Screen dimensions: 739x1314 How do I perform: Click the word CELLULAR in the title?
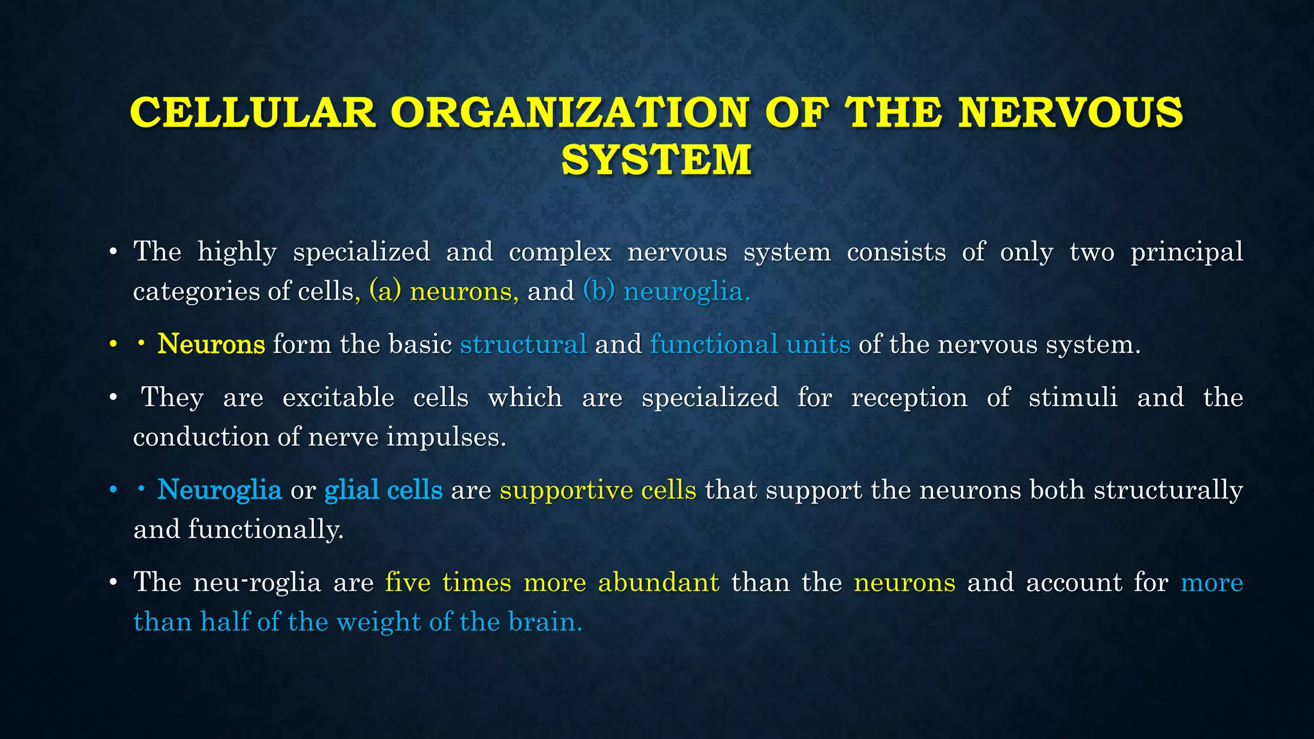pos(253,113)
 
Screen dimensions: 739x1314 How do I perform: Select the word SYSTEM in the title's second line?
pos(656,160)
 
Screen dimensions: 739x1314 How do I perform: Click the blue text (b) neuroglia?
pos(666,292)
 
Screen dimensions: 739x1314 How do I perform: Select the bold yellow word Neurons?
pos(211,344)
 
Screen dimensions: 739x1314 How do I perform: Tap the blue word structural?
pos(524,344)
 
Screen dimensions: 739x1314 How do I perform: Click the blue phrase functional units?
pos(750,344)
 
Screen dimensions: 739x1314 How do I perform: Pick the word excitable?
pos(338,398)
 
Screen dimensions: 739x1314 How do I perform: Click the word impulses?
pos(447,437)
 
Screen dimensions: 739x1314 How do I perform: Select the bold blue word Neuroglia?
pos(219,490)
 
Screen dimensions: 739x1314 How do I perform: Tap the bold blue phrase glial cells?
pos(384,490)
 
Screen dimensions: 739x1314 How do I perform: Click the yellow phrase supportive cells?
pos(598,490)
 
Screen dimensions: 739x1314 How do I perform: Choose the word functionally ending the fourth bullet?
pos(266,530)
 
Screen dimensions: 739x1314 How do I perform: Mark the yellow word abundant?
pos(658,583)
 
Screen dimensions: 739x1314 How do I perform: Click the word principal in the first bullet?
pos(1186,252)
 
